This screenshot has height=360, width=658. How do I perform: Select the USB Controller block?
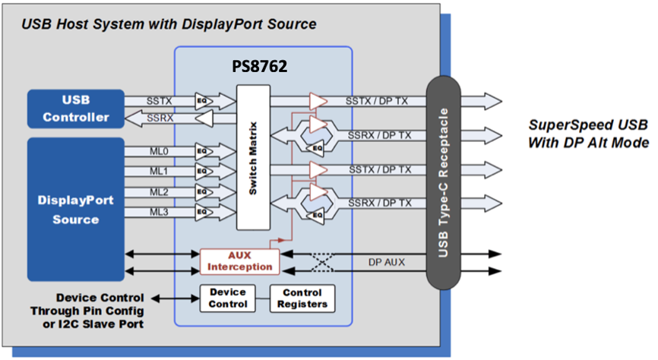coord(76,109)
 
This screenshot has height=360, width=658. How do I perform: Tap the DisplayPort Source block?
coord(76,209)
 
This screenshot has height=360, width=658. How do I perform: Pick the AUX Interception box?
coord(240,260)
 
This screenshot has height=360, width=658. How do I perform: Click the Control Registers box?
coord(302,298)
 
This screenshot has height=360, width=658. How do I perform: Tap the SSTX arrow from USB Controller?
coord(160,100)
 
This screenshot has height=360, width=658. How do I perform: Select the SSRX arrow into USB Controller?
coord(160,118)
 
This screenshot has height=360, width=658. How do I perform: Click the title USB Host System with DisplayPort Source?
coord(168,24)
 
